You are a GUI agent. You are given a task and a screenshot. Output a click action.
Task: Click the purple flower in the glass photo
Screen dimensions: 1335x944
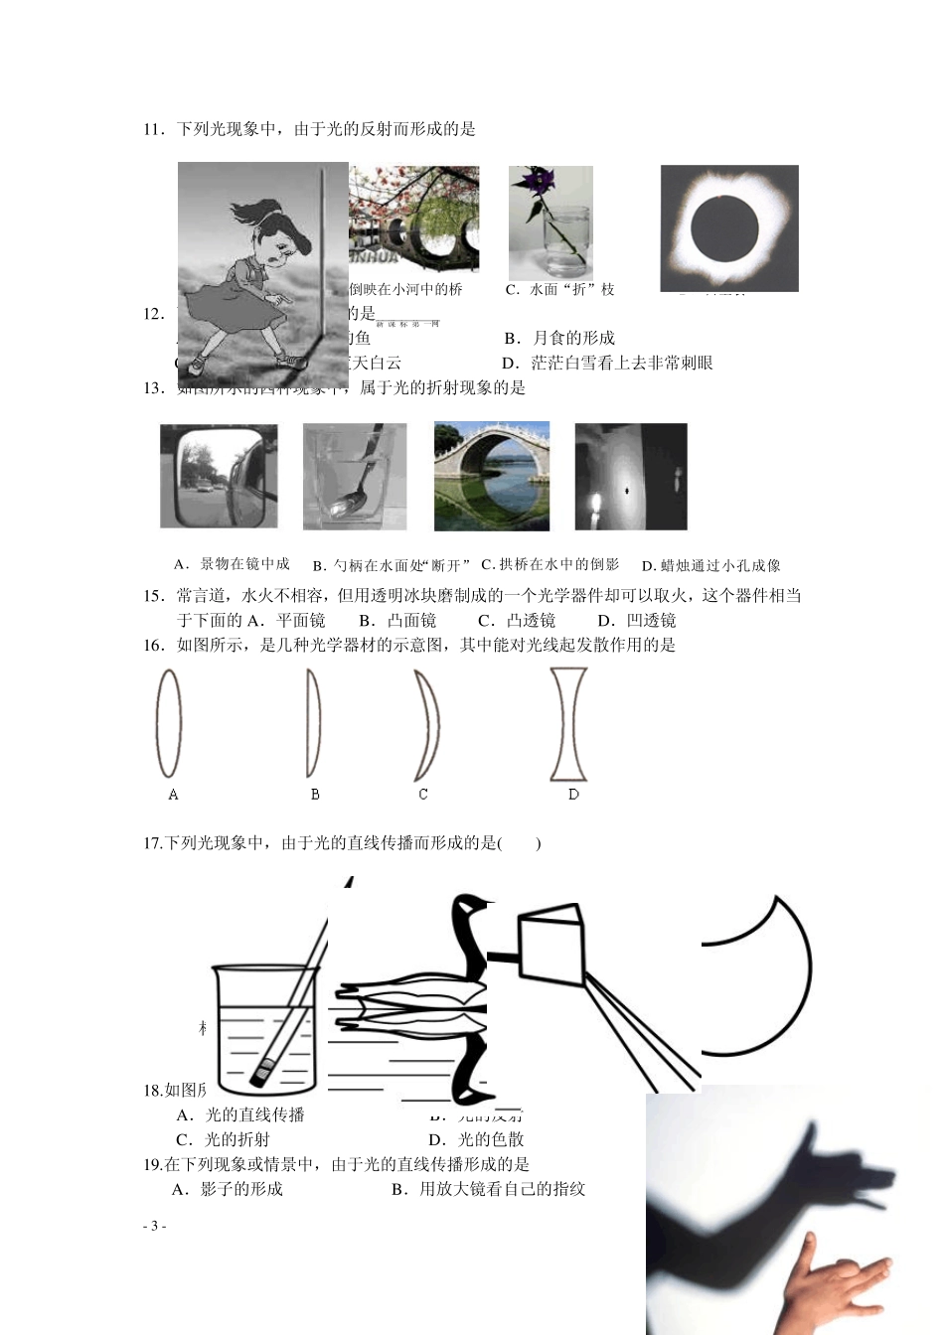coord(543,183)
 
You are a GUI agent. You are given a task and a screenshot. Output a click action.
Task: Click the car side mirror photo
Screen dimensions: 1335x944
coord(219,476)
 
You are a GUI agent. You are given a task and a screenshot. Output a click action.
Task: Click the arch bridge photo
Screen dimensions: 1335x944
coord(491,476)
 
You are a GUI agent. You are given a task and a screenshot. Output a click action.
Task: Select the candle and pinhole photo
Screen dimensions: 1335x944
coord(630,476)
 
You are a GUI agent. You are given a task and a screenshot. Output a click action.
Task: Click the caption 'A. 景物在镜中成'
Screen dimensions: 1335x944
coord(232,564)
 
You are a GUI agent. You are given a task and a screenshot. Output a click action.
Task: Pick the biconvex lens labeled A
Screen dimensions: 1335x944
coord(169,722)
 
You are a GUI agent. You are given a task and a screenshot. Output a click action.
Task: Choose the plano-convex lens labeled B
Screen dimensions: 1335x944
coord(313,722)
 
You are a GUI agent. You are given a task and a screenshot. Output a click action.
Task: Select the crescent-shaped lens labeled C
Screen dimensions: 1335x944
coord(427,725)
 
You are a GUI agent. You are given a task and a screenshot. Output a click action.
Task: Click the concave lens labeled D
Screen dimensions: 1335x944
coord(568,723)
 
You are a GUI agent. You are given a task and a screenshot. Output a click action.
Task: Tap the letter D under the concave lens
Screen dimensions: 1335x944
coord(573,795)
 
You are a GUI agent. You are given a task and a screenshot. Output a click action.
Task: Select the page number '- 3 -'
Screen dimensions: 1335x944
coord(154,1226)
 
